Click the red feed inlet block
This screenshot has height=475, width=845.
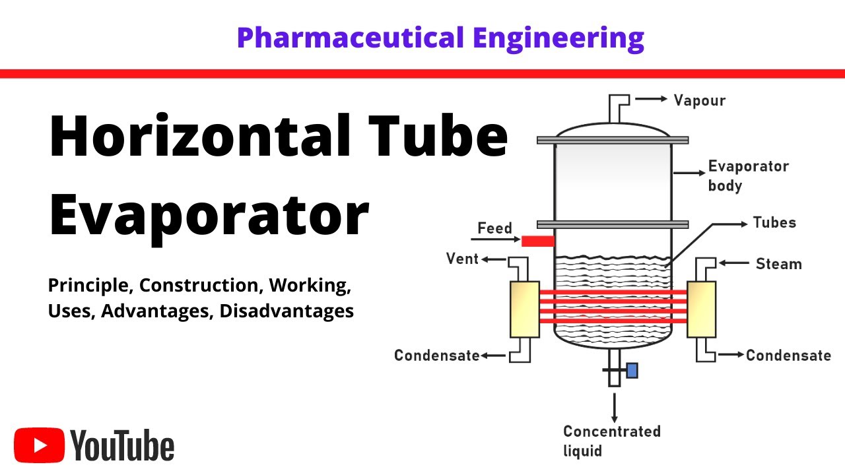[x=538, y=241]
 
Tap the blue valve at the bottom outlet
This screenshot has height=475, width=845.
[x=632, y=371]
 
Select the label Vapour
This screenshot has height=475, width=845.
[x=699, y=100]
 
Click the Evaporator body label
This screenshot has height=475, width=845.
[x=748, y=175]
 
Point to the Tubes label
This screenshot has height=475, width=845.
[x=774, y=222]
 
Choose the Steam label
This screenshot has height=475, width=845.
[x=778, y=264]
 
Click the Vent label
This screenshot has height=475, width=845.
[x=462, y=259]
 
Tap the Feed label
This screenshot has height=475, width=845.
[x=494, y=228]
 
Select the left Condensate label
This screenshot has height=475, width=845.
[x=436, y=356]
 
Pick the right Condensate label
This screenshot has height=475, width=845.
[x=788, y=356]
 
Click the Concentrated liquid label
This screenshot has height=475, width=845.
[x=611, y=441]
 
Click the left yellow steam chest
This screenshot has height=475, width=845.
[x=525, y=309]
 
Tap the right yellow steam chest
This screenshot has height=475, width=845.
[x=701, y=309]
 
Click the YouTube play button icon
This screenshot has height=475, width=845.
[x=40, y=447]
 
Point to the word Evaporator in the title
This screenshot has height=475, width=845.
[x=209, y=213]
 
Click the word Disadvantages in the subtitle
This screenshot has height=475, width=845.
[x=287, y=311]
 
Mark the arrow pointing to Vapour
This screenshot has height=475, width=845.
[x=651, y=99]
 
